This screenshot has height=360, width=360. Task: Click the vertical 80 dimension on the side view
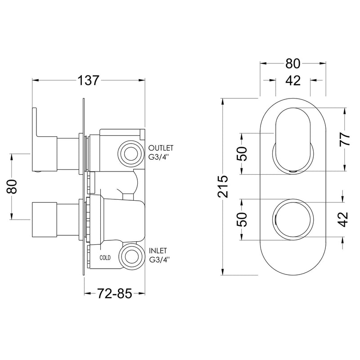[13, 186]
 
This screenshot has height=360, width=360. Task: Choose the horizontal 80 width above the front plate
[292, 63]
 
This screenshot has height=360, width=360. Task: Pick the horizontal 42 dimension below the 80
[292, 81]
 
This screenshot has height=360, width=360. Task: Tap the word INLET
[159, 250]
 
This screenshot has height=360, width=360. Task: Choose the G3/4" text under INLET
[161, 259]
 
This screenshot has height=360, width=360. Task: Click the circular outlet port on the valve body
[131, 152]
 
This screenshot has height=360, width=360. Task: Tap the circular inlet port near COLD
[131, 256]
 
